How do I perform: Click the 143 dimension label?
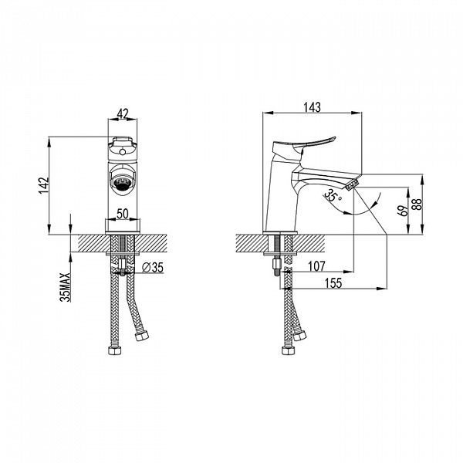coord(312,107)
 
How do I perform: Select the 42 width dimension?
coord(123,113)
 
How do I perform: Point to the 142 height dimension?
coord(44,185)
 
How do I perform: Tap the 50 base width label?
coord(123,214)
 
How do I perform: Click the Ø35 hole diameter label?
coord(152,268)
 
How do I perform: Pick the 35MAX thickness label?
coord(66,287)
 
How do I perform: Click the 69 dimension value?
coord(404,211)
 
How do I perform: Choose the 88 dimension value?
coord(417,204)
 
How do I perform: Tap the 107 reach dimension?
coord(316,266)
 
